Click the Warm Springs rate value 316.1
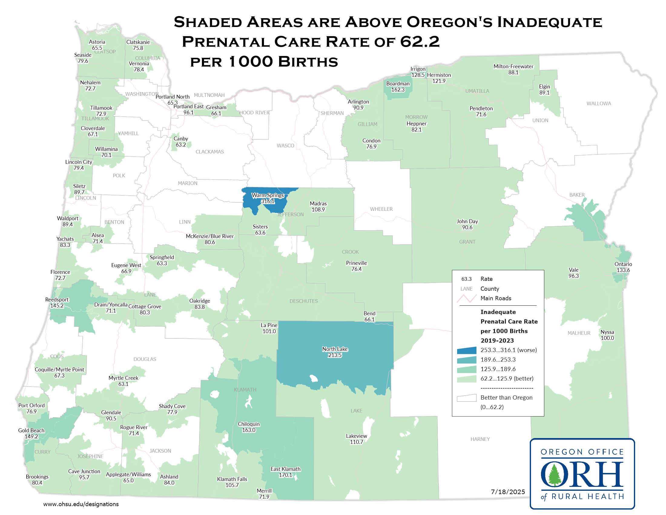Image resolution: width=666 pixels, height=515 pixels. (x=267, y=201)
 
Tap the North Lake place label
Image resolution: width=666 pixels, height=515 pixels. (x=335, y=349)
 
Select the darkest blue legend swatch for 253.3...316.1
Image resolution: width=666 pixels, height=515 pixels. (x=466, y=350)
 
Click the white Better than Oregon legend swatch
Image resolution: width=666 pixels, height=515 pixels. (x=466, y=398)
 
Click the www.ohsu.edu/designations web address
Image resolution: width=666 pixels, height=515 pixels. (x=81, y=504)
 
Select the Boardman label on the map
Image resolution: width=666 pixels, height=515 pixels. (x=398, y=84)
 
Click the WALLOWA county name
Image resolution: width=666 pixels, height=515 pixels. (x=598, y=104)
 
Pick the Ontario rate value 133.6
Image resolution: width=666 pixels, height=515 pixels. (x=623, y=270)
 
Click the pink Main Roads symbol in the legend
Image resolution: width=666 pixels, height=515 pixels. (x=466, y=298)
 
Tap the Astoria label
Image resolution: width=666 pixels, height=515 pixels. (x=97, y=42)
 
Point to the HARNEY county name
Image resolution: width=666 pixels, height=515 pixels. (x=480, y=439)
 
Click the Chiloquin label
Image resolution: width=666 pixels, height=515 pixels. (x=249, y=424)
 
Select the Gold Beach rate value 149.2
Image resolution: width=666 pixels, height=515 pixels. (x=31, y=437)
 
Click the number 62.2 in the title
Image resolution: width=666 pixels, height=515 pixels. (x=420, y=42)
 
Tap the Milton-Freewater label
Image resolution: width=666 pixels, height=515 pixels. (x=513, y=67)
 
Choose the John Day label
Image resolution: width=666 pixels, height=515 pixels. (x=467, y=221)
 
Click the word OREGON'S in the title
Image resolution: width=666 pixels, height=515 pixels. (x=449, y=22)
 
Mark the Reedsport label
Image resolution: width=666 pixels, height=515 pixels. (x=57, y=300)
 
